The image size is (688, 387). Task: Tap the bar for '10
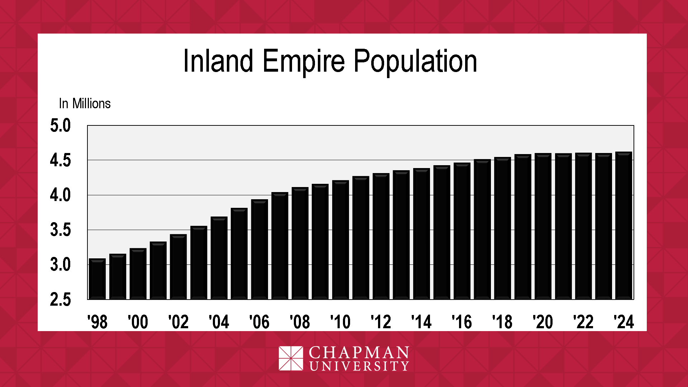(340, 240)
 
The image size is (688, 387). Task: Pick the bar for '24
(623, 225)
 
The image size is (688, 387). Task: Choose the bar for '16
(462, 231)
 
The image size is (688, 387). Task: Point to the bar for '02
(178, 267)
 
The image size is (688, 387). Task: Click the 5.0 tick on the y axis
(61, 126)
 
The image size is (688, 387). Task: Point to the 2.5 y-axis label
(61, 300)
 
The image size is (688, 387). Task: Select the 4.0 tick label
(61, 196)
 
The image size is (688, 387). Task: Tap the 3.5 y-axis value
(61, 230)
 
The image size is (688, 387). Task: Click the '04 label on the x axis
(219, 322)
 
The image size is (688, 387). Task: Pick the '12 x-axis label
(381, 322)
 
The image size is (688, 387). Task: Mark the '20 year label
(543, 322)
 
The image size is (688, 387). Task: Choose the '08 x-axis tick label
(300, 322)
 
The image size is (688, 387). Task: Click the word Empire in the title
(304, 62)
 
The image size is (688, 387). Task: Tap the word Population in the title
(415, 62)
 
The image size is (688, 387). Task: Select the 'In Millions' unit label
(85, 104)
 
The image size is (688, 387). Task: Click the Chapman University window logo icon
(291, 358)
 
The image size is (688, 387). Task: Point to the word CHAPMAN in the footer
(359, 353)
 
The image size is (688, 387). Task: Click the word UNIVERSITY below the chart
(359, 366)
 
